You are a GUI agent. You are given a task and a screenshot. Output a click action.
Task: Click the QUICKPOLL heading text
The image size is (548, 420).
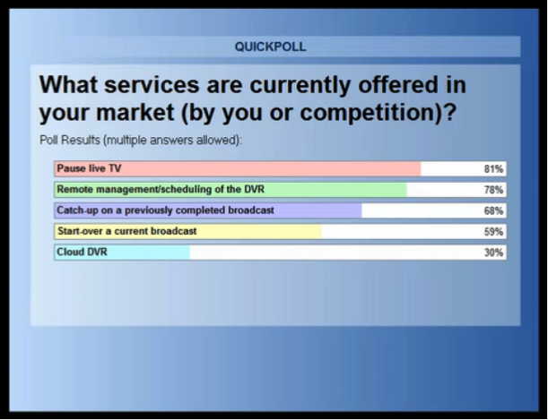point(271,47)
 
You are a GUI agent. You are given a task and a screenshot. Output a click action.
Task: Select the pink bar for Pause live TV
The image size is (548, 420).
point(238,169)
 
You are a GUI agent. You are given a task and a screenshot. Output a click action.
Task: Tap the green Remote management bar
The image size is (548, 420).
point(231,190)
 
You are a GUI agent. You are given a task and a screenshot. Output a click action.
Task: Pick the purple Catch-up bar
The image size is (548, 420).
point(208,210)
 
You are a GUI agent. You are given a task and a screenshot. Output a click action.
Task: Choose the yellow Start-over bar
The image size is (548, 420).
point(188,232)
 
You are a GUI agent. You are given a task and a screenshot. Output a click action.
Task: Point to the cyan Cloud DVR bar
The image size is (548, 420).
point(122,253)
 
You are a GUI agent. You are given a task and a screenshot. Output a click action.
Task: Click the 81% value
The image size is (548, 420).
point(493,169)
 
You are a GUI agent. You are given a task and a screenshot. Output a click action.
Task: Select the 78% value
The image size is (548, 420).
point(493,190)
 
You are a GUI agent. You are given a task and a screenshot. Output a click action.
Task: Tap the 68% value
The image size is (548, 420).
point(493,211)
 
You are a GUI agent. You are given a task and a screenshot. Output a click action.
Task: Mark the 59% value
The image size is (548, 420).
point(493,232)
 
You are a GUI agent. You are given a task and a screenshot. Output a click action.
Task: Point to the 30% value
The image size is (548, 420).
point(493,253)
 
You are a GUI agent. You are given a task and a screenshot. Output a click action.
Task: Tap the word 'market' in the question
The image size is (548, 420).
point(135,112)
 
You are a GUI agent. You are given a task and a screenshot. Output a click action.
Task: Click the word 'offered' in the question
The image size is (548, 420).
point(397,84)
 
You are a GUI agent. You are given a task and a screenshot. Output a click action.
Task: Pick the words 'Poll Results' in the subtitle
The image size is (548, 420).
point(70,140)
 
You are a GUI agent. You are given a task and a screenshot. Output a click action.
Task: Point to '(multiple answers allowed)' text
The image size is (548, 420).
point(172,141)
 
